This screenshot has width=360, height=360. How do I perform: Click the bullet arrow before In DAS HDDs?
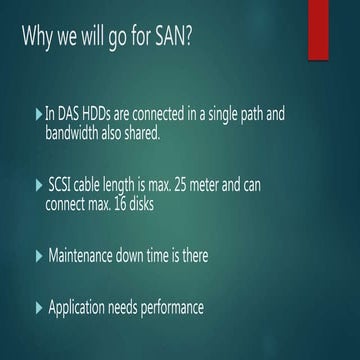(39, 115)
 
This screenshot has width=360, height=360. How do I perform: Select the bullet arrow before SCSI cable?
(39, 186)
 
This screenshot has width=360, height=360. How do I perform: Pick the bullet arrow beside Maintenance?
(39, 256)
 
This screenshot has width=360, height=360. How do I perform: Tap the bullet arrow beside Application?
(39, 308)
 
